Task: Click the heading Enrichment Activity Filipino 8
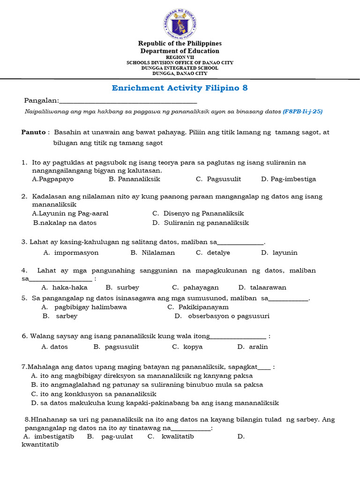pyautogui.click(x=180, y=88)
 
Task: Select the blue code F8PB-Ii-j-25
pyautogui.click(x=302, y=112)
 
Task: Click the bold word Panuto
pyautogui.click(x=33, y=132)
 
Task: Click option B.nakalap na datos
pyautogui.click(x=65, y=223)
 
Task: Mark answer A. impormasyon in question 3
pyautogui.click(x=71, y=253)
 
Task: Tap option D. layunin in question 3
pyautogui.click(x=279, y=253)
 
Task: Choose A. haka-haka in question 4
pyautogui.click(x=64, y=287)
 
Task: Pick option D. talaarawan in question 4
pyautogui.click(x=262, y=287)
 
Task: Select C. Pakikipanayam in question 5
pyautogui.click(x=198, y=307)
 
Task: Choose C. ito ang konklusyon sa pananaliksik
pyautogui.click(x=93, y=394)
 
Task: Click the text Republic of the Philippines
pyautogui.click(x=180, y=44)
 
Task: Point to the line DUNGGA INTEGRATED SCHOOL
pyautogui.click(x=180, y=68)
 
